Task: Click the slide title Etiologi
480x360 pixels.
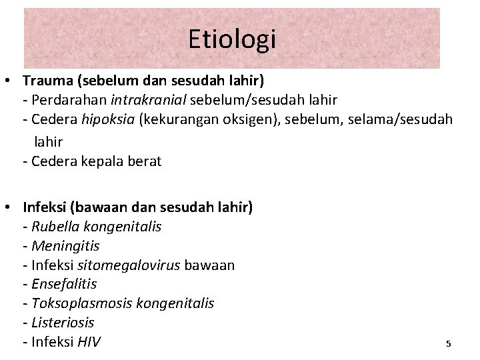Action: point(231,39)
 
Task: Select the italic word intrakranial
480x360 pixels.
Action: point(149,101)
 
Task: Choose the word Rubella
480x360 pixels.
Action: point(55,227)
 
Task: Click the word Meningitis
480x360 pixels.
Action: point(65,246)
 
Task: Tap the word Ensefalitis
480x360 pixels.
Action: point(64,284)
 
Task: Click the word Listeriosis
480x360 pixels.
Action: point(63,323)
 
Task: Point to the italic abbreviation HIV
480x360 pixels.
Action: point(89,342)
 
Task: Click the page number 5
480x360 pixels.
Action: point(448,344)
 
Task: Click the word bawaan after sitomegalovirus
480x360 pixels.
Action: point(209,265)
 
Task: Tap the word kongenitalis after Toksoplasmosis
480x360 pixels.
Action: point(175,303)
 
